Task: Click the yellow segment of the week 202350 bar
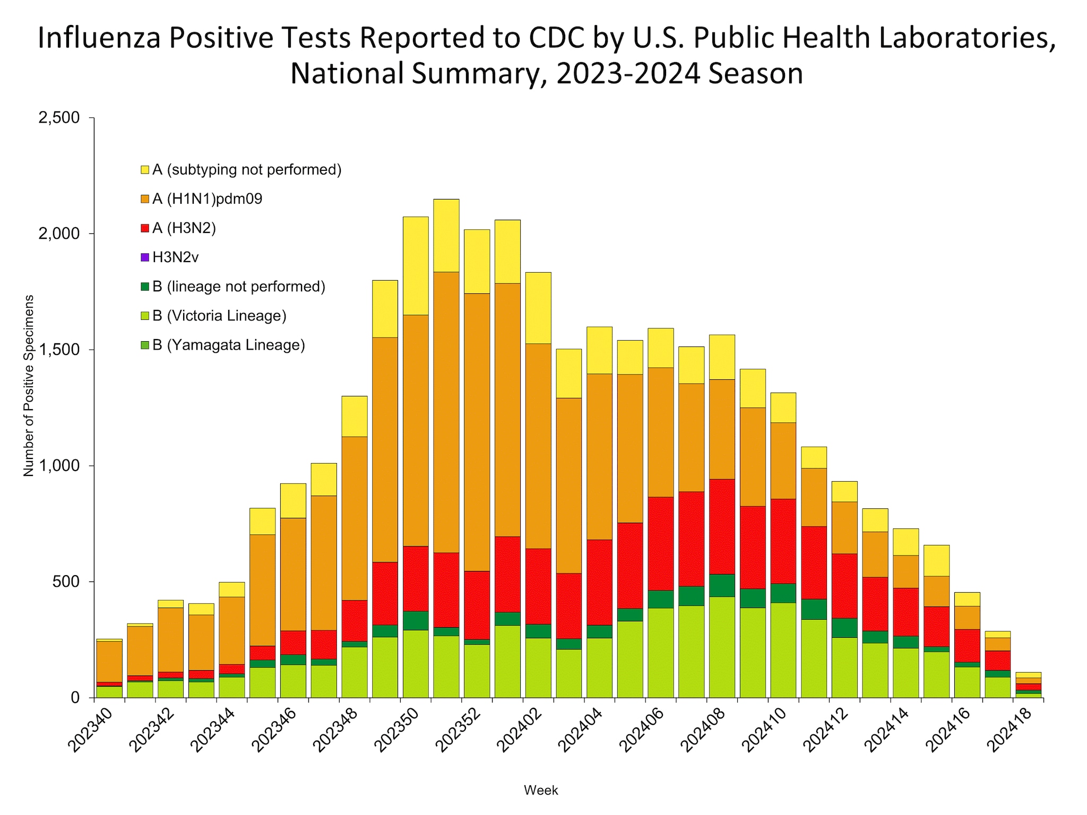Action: click(415, 265)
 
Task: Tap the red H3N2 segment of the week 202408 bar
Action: click(722, 526)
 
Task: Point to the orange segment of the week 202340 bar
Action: click(109, 661)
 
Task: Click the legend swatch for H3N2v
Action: click(145, 258)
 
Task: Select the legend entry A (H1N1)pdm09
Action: click(207, 199)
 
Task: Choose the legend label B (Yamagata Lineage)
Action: click(228, 345)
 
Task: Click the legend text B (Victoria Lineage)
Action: click(219, 316)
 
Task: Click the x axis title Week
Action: click(540, 790)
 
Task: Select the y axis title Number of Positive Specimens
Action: click(29, 386)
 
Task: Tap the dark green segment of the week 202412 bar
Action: click(844, 628)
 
